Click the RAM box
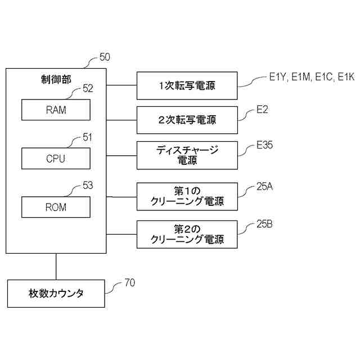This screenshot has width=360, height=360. coord(56,110)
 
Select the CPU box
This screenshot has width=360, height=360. coord(56,159)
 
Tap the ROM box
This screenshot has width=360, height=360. coord(56,207)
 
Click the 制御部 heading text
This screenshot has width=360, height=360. coord(56,79)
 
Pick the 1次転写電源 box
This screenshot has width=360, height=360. coord(187,85)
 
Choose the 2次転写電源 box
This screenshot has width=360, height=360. coord(187,120)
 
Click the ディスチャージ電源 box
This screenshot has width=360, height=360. coord(187,155)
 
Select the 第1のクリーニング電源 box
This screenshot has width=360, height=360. coord(187,197)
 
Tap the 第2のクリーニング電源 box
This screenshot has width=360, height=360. coord(187,235)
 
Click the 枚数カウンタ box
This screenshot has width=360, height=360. coord(56,294)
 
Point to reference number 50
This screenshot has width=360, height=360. coord(105,57)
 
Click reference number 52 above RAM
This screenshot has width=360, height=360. coord(88,89)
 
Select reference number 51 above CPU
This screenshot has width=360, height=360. coord(88,137)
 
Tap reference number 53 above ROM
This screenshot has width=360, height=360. coord(88,186)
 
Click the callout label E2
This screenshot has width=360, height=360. coord(262,110)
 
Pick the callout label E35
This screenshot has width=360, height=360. coord(265,145)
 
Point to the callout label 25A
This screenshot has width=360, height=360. coord(265,186)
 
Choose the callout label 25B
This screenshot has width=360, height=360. coord(265,224)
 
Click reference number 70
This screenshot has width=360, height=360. coord(130,283)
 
